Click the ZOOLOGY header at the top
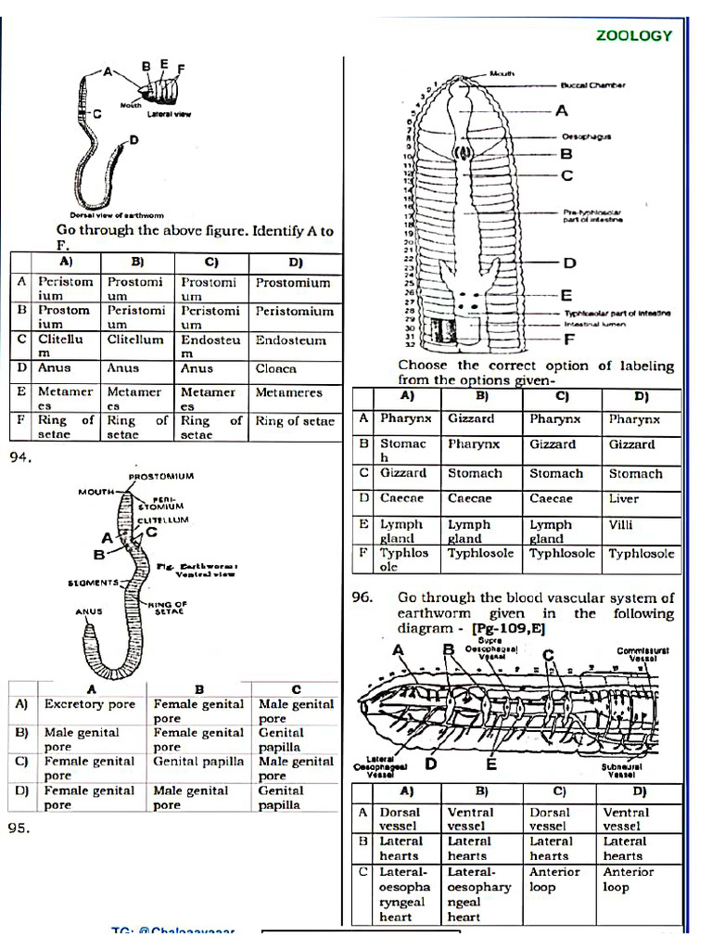point(634,35)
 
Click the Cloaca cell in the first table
point(276,368)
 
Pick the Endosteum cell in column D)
point(291,340)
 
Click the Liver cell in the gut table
point(623,498)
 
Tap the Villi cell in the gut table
point(621,524)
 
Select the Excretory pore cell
point(89,704)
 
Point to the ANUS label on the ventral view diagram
point(89,612)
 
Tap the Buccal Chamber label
point(592,84)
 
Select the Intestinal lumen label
point(595,325)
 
